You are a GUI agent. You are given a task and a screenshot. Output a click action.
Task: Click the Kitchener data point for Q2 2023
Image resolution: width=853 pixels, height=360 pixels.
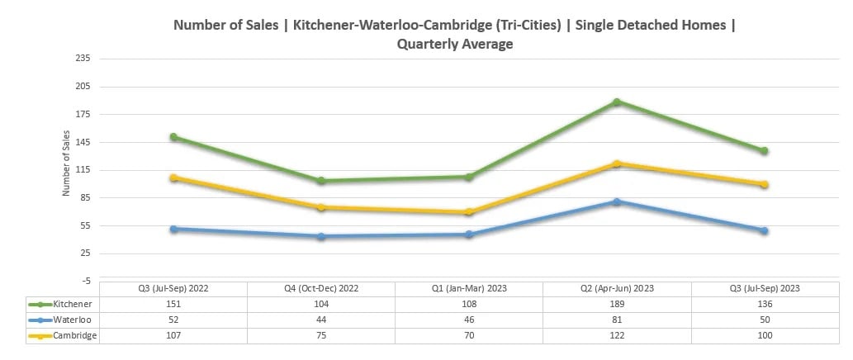pyautogui.click(x=616, y=102)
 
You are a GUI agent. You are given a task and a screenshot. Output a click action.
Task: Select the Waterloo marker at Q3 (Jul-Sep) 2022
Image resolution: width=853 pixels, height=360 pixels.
pyautogui.click(x=173, y=229)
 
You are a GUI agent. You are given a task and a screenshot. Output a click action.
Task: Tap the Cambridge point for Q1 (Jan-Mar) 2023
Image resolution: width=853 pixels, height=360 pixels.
pyautogui.click(x=468, y=212)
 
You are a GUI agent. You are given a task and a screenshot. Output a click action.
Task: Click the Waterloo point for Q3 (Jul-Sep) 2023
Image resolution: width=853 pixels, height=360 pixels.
pyautogui.click(x=764, y=230)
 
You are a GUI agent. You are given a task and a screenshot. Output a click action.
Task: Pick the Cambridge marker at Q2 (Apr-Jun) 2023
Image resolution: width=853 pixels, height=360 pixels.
pyautogui.click(x=616, y=163)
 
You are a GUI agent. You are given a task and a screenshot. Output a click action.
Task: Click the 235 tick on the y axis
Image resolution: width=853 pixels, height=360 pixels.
pyautogui.click(x=83, y=59)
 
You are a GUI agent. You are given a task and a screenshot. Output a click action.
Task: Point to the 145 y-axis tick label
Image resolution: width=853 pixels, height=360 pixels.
pyautogui.click(x=83, y=142)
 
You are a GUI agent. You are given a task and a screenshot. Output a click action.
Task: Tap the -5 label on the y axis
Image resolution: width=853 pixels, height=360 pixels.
pyautogui.click(x=85, y=282)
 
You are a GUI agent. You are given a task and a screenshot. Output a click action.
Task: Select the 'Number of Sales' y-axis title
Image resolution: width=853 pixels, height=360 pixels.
pyautogui.click(x=66, y=169)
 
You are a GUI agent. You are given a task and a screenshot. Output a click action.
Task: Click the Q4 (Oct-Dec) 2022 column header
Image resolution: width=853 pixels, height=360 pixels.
pyautogui.click(x=321, y=288)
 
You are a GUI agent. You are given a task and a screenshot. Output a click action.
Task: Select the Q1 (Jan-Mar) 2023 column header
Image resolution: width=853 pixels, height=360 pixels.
pyautogui.click(x=469, y=288)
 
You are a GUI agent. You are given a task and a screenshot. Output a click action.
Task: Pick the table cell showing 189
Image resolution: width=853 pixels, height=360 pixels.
pyautogui.click(x=616, y=304)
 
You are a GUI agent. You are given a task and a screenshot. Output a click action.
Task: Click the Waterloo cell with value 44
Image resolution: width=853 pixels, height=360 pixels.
pyautogui.click(x=321, y=320)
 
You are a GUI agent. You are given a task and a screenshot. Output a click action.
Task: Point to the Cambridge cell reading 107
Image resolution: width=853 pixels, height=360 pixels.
pyautogui.click(x=173, y=335)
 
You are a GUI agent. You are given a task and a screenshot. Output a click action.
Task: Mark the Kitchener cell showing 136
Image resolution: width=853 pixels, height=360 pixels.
pyautogui.click(x=764, y=304)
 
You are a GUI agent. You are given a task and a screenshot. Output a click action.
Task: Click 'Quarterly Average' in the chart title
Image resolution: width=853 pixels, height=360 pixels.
pyautogui.click(x=454, y=45)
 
